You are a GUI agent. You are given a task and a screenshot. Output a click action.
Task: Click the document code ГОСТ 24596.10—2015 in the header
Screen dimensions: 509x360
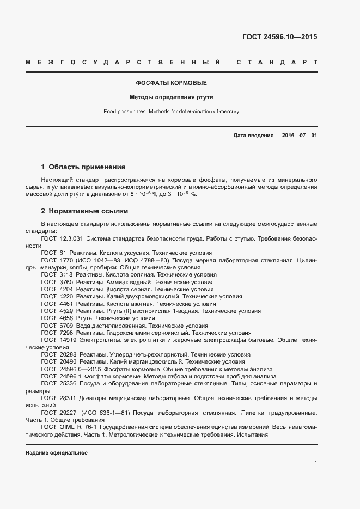click(x=279, y=38)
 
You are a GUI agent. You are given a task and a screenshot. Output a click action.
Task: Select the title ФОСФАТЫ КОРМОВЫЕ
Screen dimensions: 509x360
click(x=171, y=83)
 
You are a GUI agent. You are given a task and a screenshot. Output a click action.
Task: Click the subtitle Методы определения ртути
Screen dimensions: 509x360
click(x=171, y=97)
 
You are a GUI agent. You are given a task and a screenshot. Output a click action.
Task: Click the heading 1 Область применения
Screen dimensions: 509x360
click(x=83, y=167)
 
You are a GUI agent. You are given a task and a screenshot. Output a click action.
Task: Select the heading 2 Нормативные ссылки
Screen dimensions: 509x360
click(x=84, y=211)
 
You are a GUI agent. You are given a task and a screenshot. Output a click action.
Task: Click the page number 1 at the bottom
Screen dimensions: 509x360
click(x=315, y=462)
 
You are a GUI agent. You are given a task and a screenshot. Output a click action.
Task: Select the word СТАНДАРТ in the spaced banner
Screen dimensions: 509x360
click(x=277, y=62)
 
